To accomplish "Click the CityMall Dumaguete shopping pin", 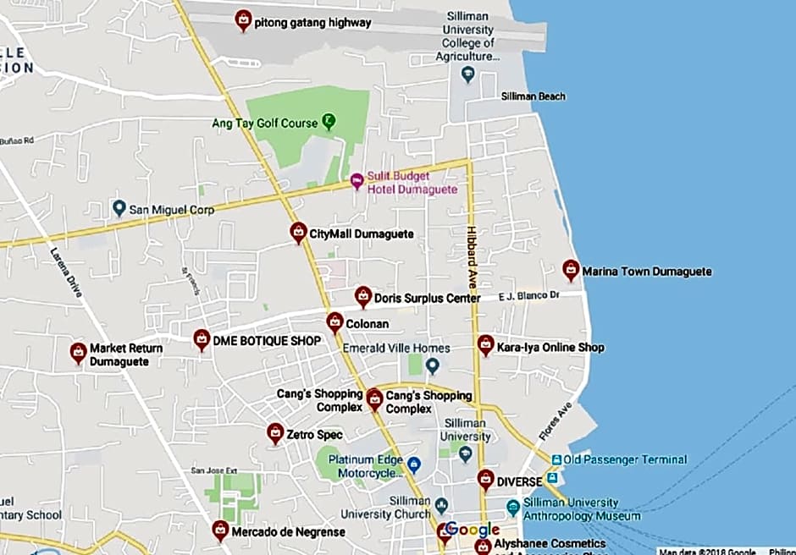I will (x=298, y=232).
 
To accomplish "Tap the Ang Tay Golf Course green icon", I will (x=329, y=122).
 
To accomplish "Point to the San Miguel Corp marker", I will (x=119, y=207).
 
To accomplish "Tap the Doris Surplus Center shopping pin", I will (x=363, y=296).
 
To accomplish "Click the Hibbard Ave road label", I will (x=473, y=250).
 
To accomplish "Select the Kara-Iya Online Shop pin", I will (x=485, y=344).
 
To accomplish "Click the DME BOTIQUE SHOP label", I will (x=267, y=341).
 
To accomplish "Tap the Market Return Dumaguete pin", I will (x=78, y=353).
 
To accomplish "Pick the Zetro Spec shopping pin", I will (x=275, y=433).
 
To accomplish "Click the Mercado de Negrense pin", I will (x=220, y=530).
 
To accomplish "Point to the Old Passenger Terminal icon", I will (x=556, y=459).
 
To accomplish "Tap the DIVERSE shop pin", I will (x=485, y=480).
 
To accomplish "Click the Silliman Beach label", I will (x=533, y=96).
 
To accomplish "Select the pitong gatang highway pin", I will (x=243, y=20).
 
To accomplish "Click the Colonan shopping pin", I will (x=335, y=322).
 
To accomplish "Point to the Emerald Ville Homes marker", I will (x=433, y=365).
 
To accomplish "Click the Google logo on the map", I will (x=473, y=530).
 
